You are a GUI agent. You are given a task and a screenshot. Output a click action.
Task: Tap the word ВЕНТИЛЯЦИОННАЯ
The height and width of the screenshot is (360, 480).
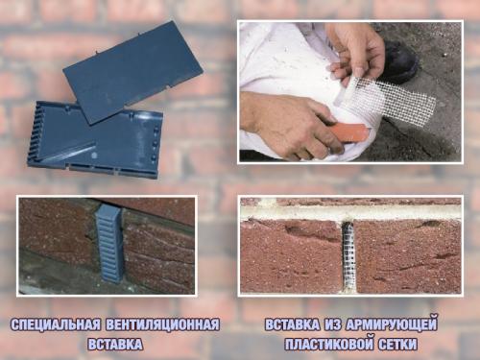coord(167,324)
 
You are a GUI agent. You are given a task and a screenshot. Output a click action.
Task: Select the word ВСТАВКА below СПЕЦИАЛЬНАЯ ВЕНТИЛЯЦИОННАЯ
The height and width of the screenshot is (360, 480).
coord(116,343)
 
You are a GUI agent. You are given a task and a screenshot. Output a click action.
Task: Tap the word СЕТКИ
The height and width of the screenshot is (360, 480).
coord(403,343)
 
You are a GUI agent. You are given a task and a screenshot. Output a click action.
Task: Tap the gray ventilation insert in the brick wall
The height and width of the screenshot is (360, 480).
coord(108,243)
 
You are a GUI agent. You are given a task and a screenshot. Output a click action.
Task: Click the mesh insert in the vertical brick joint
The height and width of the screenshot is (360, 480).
coord(349,253)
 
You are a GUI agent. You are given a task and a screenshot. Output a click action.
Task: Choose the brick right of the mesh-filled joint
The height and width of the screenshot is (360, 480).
coord(407,254)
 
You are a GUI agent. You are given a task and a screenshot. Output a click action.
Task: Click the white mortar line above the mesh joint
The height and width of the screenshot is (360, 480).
coord(350,210)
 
